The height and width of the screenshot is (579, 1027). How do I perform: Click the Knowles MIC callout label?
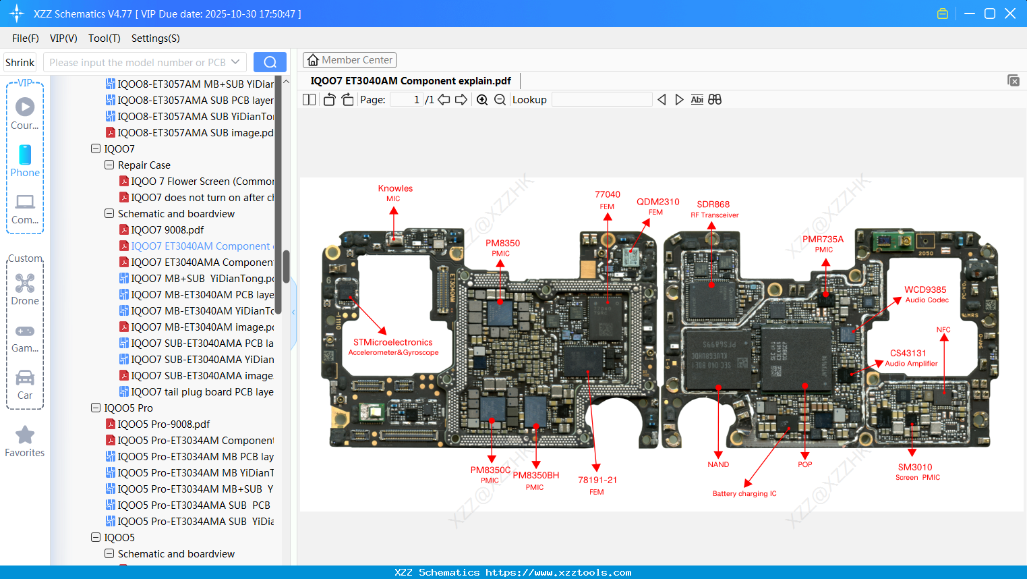click(395, 192)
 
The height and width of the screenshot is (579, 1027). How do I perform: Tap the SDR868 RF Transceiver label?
click(713, 209)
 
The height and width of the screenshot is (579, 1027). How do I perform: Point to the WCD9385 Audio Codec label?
click(926, 294)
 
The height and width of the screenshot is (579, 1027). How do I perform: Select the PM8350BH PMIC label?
click(535, 480)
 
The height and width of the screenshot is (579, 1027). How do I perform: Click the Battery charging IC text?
click(744, 493)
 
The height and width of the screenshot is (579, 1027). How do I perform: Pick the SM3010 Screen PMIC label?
click(916, 471)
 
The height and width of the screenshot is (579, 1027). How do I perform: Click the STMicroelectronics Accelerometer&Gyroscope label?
click(393, 347)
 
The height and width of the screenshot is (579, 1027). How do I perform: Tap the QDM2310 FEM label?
click(657, 206)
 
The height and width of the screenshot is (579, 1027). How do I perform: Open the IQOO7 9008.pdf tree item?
click(167, 230)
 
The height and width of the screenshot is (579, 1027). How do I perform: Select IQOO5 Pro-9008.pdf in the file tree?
click(164, 424)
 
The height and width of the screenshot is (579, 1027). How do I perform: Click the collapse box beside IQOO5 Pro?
click(96, 408)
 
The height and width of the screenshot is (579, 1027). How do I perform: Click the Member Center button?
click(349, 60)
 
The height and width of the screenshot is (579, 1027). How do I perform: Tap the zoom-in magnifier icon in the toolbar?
click(482, 100)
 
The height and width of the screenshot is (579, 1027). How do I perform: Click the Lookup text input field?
click(601, 100)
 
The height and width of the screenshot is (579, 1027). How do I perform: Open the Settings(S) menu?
click(155, 38)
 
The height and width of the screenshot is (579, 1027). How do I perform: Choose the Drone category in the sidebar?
click(25, 289)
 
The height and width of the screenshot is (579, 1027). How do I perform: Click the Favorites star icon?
click(25, 435)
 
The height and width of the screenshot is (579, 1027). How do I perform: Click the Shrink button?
click(20, 63)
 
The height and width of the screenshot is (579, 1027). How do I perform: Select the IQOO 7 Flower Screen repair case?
click(202, 182)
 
